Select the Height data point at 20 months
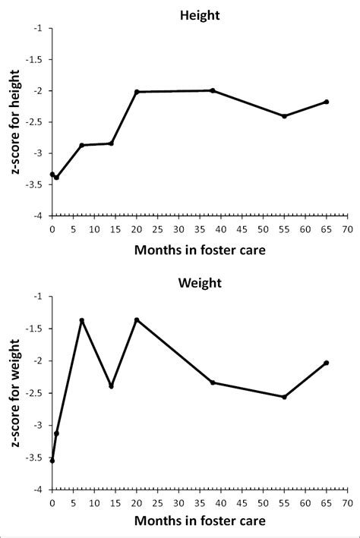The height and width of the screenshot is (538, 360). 137,92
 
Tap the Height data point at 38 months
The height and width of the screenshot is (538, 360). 213,90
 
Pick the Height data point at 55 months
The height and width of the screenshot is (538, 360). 284,116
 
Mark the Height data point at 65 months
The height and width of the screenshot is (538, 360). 327,102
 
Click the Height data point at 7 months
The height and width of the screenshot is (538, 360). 81,145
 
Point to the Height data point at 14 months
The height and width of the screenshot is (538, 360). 111,143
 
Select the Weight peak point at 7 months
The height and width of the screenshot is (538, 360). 81,320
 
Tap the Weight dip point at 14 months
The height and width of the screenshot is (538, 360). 111,386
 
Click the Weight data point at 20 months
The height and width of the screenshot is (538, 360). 137,319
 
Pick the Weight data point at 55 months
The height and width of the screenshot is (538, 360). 284,397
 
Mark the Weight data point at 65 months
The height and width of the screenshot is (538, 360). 327,363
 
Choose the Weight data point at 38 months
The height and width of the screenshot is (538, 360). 213,382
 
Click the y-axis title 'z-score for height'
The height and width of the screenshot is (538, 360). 16,121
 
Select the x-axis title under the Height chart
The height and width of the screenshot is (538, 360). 200,249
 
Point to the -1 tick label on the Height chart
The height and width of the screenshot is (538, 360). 38,29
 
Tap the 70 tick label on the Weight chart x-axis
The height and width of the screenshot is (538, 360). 347,502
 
